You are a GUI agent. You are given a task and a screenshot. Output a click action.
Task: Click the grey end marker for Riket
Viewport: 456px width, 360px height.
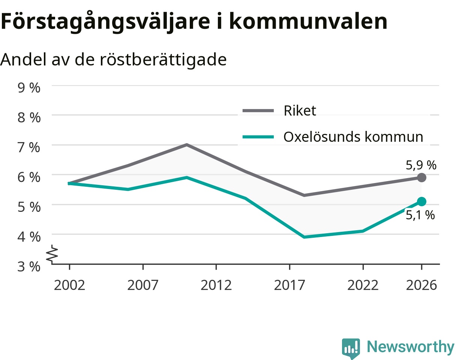click(421, 178)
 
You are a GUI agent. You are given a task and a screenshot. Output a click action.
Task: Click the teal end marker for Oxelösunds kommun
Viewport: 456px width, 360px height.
click(421, 201)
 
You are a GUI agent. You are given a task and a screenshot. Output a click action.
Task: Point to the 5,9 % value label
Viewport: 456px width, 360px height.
click(421, 165)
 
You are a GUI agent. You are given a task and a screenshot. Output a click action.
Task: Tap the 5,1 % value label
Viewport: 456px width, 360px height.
click(420, 215)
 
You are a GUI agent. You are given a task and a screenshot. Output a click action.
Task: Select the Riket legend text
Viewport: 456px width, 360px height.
click(300, 111)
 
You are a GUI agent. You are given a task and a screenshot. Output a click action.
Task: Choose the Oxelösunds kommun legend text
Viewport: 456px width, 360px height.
click(353, 137)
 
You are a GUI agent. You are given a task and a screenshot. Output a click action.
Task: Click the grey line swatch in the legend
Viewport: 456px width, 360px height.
click(258, 111)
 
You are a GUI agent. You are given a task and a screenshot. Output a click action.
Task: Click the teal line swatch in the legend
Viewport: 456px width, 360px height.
click(258, 137)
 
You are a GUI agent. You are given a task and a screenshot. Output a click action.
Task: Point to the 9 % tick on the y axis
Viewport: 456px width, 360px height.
click(29, 88)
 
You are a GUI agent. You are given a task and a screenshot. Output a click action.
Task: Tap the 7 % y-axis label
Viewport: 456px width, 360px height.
click(29, 147)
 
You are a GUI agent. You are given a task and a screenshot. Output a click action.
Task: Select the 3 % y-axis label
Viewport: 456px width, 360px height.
click(29, 267)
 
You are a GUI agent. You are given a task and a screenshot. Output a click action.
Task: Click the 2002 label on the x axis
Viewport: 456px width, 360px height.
click(69, 285)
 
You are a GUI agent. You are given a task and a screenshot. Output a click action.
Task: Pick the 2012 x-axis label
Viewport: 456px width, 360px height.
click(216, 285)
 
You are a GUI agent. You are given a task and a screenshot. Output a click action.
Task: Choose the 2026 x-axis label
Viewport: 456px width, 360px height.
click(421, 285)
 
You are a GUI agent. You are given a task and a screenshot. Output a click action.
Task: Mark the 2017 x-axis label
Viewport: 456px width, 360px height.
click(289, 285)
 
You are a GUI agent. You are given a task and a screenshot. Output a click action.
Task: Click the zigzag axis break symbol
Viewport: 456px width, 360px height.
click(52, 254)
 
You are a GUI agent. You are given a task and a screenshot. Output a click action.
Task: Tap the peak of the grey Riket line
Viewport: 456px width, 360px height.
click(187, 145)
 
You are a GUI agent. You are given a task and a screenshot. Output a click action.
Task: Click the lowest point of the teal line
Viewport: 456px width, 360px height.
click(304, 237)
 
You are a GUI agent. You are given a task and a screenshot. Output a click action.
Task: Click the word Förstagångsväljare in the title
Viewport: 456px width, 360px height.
click(105, 22)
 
